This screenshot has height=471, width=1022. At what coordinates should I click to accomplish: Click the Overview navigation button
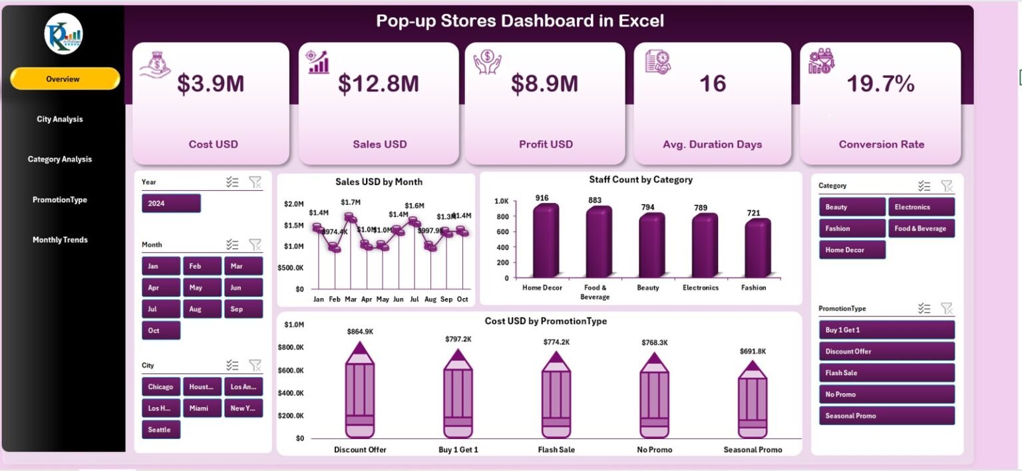[x=65, y=78]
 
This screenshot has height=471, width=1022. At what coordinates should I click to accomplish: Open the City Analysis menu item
[x=60, y=119]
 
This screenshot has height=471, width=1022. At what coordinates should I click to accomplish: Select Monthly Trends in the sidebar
[x=60, y=239]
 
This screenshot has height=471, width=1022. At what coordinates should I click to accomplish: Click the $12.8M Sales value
[x=378, y=84]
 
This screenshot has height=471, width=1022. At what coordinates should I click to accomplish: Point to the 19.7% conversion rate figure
[x=880, y=84]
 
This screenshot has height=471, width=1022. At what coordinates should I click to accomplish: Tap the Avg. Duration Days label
[x=712, y=144]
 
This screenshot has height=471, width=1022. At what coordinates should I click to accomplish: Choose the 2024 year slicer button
[x=171, y=204]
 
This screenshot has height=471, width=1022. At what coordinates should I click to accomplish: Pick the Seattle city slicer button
[x=160, y=430]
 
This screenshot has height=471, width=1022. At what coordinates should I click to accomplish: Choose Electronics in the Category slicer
[x=921, y=207]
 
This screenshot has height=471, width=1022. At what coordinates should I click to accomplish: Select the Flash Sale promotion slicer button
[x=886, y=373]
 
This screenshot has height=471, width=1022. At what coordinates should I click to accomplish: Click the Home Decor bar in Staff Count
[x=542, y=241]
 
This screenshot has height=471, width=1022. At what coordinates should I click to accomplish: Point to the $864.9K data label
[x=359, y=331]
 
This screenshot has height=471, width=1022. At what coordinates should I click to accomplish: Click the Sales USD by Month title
[x=379, y=182]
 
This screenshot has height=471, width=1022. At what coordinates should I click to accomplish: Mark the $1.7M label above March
[x=351, y=202]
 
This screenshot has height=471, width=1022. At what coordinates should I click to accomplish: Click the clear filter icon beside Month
[x=255, y=244]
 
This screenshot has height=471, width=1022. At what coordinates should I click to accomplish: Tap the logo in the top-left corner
[x=64, y=34]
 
